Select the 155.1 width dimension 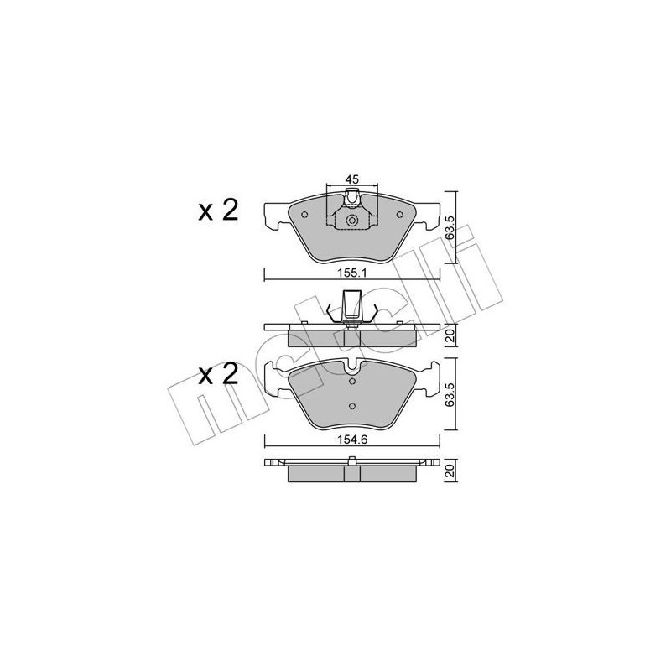coord(351,273)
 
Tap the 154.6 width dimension coord(351,436)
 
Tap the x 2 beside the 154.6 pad coord(218,374)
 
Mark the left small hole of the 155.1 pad coord(304,213)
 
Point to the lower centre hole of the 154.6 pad coord(352,408)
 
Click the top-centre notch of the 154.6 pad coord(352,367)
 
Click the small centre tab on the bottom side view coord(352,459)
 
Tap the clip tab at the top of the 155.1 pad coord(352,200)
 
